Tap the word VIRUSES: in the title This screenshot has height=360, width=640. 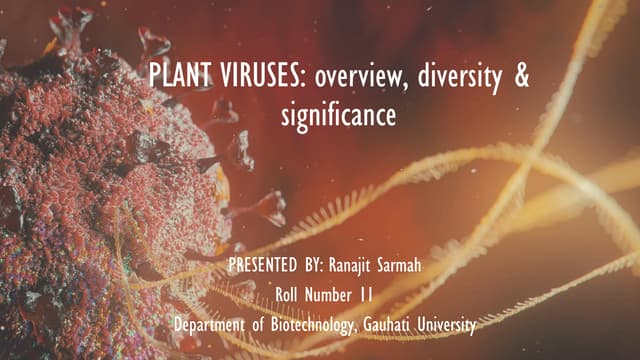tap(246, 78)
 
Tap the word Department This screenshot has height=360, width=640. tap(208, 325)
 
